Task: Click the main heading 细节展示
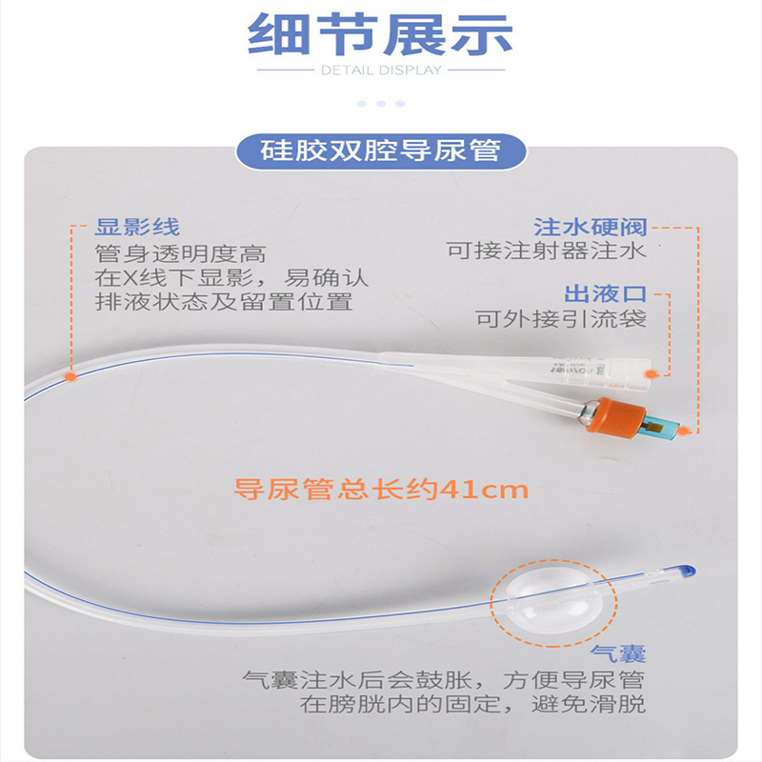381,35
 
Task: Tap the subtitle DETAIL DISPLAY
381,70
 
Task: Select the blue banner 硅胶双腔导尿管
381,150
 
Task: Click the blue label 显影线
137,229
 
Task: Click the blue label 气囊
618,653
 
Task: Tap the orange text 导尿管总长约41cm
381,490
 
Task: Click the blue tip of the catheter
687,571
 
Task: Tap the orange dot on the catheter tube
69,377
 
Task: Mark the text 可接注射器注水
547,251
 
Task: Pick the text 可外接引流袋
561,318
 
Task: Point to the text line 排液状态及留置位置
225,303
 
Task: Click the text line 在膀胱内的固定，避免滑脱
472,705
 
